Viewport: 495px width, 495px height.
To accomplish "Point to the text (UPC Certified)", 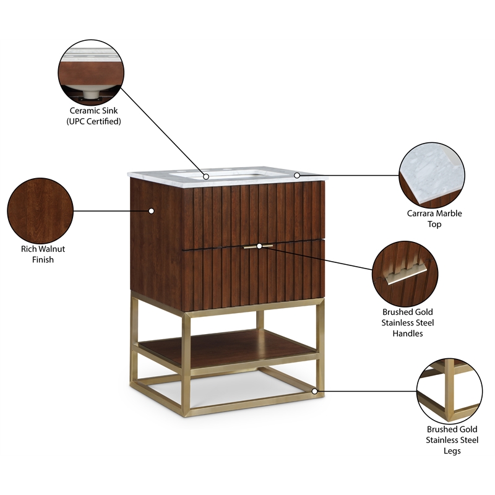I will (93, 121).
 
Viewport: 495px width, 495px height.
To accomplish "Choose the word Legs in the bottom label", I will (452, 451).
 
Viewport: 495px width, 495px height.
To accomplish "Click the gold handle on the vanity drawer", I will (259, 246).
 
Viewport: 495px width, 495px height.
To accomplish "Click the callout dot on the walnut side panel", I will (151, 210).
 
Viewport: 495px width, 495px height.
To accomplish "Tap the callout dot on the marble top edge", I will (297, 175).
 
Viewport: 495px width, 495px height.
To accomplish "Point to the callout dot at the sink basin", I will (205, 177).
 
